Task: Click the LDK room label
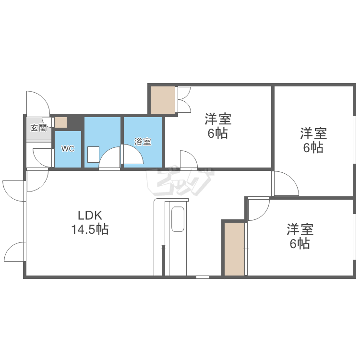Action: coord(90,216)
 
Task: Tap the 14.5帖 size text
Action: coord(90,229)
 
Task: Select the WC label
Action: coord(67,149)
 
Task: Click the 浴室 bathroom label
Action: coord(143,142)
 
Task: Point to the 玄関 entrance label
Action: coord(38,128)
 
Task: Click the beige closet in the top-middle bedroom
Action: coord(163,100)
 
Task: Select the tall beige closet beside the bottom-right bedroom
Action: coord(235,249)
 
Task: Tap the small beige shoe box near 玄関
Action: coord(60,122)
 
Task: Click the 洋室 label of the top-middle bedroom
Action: coord(218,118)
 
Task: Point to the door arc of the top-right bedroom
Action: coord(285,184)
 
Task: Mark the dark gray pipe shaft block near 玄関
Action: coord(75,122)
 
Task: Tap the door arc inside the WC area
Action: coord(42,157)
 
